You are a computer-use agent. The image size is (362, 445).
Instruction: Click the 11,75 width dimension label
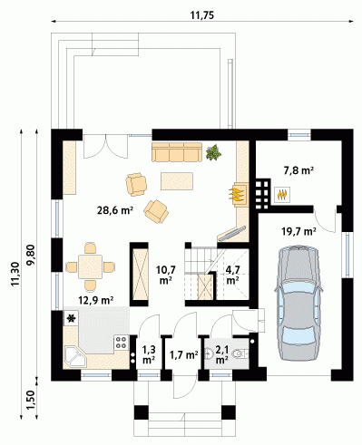(202, 15)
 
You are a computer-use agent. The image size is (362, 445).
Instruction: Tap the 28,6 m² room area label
(115, 210)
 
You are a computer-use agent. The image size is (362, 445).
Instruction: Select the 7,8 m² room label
(298, 170)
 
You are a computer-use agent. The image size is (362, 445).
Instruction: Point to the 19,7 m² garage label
(298, 232)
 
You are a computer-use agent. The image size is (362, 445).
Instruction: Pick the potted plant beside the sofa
(213, 152)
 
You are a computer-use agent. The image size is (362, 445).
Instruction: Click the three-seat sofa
(177, 152)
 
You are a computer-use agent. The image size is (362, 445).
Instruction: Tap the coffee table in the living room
(177, 181)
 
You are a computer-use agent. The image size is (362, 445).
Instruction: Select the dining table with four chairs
(91, 266)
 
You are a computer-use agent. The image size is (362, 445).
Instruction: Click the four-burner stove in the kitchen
(122, 343)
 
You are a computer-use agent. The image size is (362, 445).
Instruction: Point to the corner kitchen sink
(75, 357)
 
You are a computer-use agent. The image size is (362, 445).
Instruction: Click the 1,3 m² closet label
(149, 354)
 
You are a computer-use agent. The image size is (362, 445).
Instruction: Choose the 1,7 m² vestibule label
(184, 354)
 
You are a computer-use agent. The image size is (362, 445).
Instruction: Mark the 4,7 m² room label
(233, 275)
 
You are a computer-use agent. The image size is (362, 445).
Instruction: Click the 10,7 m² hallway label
(166, 275)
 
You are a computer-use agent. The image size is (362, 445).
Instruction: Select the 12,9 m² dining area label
(96, 300)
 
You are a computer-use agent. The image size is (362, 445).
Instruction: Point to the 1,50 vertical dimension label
(31, 400)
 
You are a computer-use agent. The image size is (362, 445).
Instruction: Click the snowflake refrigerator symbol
(72, 318)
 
